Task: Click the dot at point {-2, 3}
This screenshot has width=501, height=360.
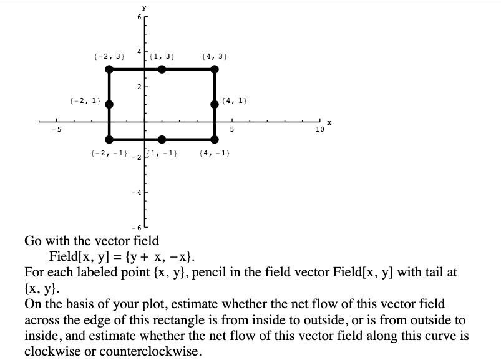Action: tap(109, 69)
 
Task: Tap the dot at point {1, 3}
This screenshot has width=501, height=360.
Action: tap(162, 69)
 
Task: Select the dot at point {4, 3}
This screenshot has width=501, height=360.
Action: tap(215, 69)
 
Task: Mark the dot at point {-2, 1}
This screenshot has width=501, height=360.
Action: tap(109, 104)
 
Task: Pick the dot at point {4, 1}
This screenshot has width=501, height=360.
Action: tap(215, 104)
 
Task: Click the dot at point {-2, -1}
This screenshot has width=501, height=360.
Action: tap(109, 139)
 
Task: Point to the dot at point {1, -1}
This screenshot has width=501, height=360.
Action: tap(162, 139)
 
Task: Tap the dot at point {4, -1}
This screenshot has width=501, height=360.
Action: tap(215, 139)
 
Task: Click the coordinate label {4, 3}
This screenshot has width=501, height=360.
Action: tap(215, 57)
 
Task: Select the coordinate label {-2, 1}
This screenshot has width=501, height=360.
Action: tap(83, 100)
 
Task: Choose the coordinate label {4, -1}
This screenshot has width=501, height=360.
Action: tap(213, 153)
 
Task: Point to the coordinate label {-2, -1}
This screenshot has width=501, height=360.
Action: tap(109, 153)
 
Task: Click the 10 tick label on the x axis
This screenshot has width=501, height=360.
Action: tap(319, 129)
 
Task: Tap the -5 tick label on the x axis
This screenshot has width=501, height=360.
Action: tap(56, 129)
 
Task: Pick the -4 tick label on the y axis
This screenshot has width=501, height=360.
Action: tap(139, 192)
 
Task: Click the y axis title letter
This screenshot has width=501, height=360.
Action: tap(145, 7)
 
